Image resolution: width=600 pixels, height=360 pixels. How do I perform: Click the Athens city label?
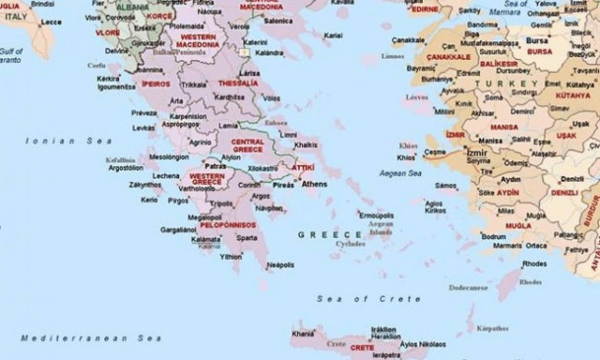tap(314, 184)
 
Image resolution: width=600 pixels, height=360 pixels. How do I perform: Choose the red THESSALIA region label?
tap(238, 82)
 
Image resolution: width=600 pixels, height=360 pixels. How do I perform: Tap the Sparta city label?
tap(247, 238)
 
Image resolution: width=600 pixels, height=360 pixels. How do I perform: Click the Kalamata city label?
tap(205, 239)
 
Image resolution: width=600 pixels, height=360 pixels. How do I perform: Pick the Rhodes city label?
tap(534, 264)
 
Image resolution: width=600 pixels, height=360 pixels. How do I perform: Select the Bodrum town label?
tap(494, 236)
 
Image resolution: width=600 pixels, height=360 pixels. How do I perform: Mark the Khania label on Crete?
tap(303, 333)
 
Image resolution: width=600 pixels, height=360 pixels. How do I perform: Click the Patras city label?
tap(216, 166)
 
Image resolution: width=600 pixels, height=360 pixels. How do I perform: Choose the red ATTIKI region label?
tap(303, 167)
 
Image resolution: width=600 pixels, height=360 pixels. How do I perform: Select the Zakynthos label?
tap(145, 185)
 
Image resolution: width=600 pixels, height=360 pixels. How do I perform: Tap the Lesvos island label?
tap(416, 96)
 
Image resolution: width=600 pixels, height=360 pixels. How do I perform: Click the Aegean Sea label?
tap(401, 173)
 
